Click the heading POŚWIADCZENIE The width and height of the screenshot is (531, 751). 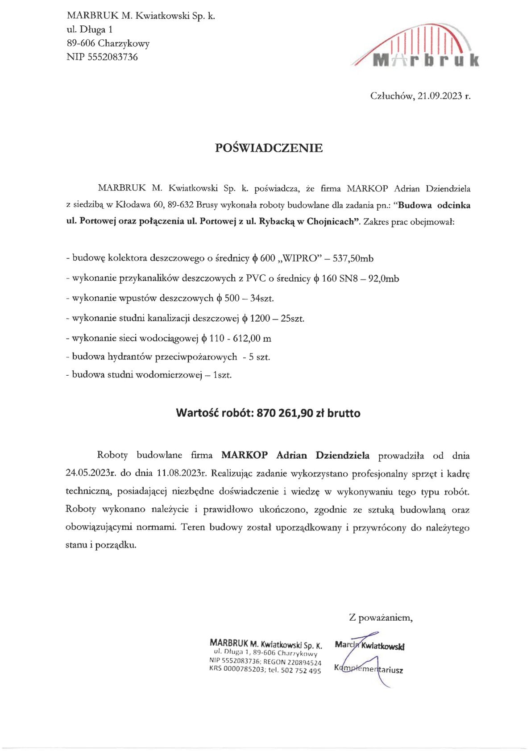[269, 148]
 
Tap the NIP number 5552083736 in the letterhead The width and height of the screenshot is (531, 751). [113, 57]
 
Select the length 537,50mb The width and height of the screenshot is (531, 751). [353, 258]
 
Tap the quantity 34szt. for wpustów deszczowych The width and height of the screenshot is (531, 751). [262, 298]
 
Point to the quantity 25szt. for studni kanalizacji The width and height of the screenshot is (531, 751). [292, 318]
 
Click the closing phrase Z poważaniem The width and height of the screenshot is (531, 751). [381, 618]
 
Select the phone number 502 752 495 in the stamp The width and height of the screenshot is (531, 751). [301, 670]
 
